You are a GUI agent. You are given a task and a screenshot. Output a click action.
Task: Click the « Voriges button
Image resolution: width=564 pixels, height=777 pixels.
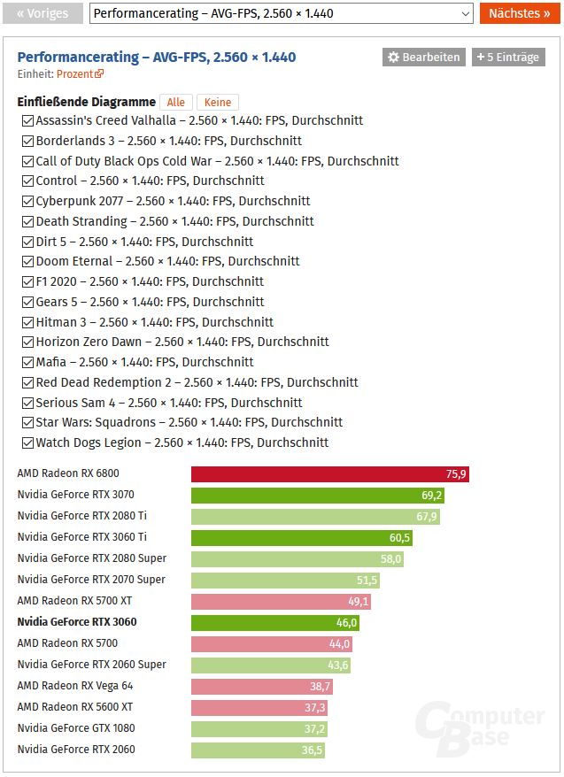tap(43, 13)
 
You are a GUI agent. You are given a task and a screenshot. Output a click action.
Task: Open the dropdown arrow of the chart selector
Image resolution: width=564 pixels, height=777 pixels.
tap(467, 13)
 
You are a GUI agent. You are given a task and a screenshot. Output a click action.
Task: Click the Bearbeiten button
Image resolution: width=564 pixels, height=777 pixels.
tap(423, 58)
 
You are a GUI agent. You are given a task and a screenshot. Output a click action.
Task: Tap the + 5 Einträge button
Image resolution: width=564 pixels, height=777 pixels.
tap(507, 58)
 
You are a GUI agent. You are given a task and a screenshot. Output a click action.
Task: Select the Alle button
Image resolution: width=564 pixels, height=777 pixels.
tap(176, 103)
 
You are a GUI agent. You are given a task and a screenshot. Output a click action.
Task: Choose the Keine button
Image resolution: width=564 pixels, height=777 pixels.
tap(217, 103)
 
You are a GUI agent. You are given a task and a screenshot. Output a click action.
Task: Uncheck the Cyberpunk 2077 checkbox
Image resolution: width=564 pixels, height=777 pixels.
tap(28, 202)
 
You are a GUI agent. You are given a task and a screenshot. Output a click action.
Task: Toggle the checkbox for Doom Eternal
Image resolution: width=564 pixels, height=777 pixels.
tap(28, 262)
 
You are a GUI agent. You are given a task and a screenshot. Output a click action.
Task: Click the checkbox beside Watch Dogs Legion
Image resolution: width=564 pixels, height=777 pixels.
tap(28, 443)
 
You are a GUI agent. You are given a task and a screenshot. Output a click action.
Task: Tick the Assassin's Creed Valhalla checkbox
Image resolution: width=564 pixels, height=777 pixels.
tap(28, 121)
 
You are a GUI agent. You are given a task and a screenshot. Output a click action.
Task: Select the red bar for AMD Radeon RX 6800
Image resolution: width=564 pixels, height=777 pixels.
tap(329, 474)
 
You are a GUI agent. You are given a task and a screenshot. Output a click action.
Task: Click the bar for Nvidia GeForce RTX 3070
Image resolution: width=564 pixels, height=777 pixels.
tap(317, 496)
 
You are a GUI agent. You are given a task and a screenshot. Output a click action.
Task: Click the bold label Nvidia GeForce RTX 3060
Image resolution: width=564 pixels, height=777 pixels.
tap(77, 622)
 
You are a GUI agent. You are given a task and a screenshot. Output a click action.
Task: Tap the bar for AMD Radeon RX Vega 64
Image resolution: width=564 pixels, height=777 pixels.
tap(262, 687)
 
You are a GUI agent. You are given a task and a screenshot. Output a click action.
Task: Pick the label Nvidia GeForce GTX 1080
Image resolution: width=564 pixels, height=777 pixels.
tap(76, 728)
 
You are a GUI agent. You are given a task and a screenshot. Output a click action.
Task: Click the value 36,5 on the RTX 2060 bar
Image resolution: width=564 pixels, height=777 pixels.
tap(312, 750)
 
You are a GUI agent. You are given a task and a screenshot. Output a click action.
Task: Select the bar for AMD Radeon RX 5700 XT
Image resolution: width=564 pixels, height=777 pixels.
tap(281, 602)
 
